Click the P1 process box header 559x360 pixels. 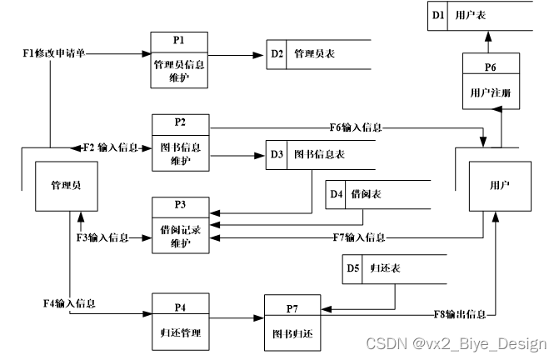click(x=179, y=40)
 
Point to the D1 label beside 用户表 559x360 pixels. click(x=438, y=14)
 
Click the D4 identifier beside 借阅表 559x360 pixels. click(x=337, y=195)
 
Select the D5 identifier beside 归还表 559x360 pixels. click(x=352, y=268)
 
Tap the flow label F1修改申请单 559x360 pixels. click(x=54, y=53)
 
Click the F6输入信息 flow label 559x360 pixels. click(x=356, y=127)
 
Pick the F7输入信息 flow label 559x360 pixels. click(x=359, y=237)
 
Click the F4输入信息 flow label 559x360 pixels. click(x=69, y=302)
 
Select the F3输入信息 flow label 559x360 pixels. click(x=102, y=237)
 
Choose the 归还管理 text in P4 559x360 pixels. click(x=179, y=330)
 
